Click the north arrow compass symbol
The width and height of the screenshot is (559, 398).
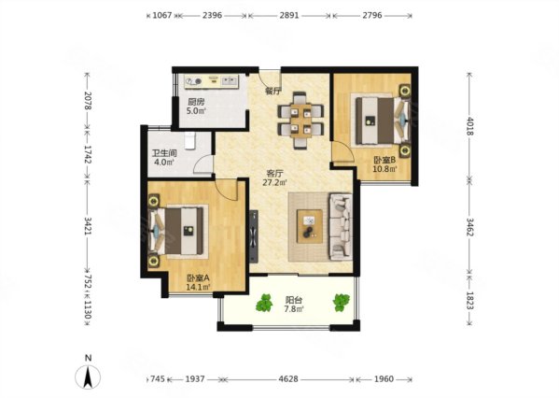pyautogui.click(x=88, y=377)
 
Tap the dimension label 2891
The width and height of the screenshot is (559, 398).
pyautogui.click(x=288, y=15)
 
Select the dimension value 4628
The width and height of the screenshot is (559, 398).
pyautogui.click(x=288, y=378)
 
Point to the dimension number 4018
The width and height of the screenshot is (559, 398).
pyautogui.click(x=469, y=126)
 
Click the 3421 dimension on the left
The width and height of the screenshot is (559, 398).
pyautogui.click(x=88, y=225)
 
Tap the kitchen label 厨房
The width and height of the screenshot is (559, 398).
pyautogui.click(x=196, y=102)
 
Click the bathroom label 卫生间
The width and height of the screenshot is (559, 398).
pyautogui.click(x=164, y=153)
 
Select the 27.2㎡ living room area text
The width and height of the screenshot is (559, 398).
pyautogui.click(x=275, y=183)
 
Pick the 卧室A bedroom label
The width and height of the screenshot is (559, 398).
pyautogui.click(x=198, y=277)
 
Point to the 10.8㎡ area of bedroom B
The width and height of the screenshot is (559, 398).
pyautogui.click(x=384, y=168)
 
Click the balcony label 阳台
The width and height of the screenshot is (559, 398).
pyautogui.click(x=294, y=300)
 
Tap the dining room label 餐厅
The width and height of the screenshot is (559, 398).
pyautogui.click(x=273, y=91)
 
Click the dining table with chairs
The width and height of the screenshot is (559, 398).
pyautogui.click(x=300, y=121)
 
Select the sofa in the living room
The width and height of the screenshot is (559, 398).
pyautogui.click(x=342, y=227)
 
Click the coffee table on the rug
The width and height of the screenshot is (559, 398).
pyautogui.click(x=310, y=227)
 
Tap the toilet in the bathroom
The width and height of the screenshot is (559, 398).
pyautogui.click(x=190, y=141)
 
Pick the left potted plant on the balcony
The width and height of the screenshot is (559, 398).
pyautogui.click(x=264, y=303)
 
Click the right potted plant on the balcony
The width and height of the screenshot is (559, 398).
pyautogui.click(x=342, y=303)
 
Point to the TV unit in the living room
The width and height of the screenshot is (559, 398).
pyautogui.click(x=254, y=236)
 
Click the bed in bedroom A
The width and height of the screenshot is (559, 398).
pyautogui.click(x=178, y=231)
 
